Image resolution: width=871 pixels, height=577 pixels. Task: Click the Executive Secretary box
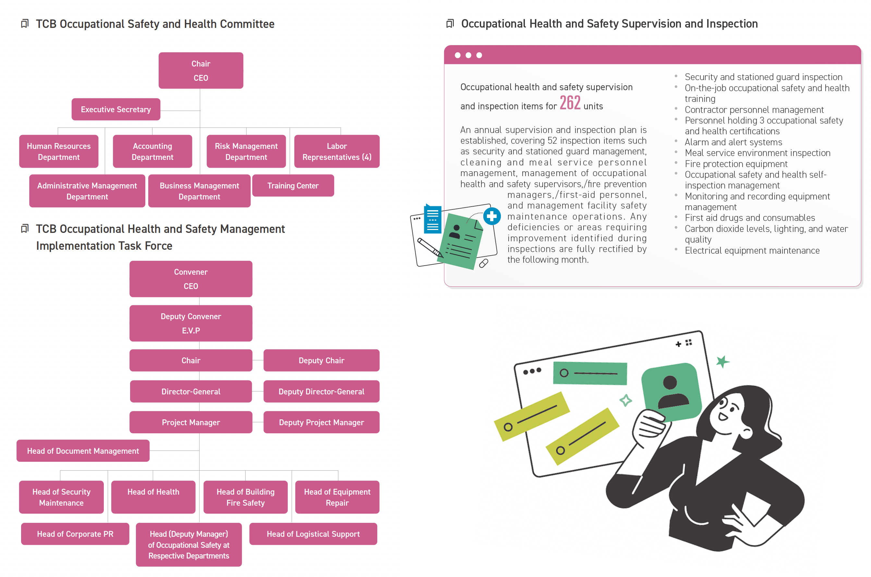[x=116, y=109]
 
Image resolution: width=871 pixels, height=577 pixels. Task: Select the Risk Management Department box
[x=246, y=151]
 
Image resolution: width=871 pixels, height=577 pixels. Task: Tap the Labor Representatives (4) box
[x=337, y=151]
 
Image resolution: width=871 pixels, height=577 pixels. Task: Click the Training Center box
[x=293, y=186]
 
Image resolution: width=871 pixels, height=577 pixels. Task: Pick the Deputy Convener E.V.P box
[x=191, y=323]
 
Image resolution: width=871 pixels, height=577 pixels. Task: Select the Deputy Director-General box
[x=321, y=391]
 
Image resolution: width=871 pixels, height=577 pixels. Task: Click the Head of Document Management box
[x=83, y=451]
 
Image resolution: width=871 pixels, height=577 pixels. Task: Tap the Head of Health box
[x=153, y=497]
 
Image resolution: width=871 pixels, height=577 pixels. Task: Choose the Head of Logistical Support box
[x=313, y=534]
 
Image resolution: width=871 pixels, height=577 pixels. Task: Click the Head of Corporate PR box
[x=75, y=534]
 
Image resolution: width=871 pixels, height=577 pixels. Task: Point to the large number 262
[x=570, y=103]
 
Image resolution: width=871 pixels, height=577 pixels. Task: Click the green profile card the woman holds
[x=671, y=391]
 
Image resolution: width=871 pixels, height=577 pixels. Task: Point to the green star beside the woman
[x=722, y=361]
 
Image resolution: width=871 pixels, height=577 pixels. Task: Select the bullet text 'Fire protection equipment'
[x=736, y=164]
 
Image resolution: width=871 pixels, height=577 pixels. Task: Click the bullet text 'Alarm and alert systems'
[x=733, y=142]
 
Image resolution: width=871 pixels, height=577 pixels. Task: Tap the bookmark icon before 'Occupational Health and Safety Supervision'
[x=450, y=24]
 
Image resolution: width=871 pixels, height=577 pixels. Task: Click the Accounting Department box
[x=152, y=151]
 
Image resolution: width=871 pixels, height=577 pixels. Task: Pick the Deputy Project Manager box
[x=321, y=422]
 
